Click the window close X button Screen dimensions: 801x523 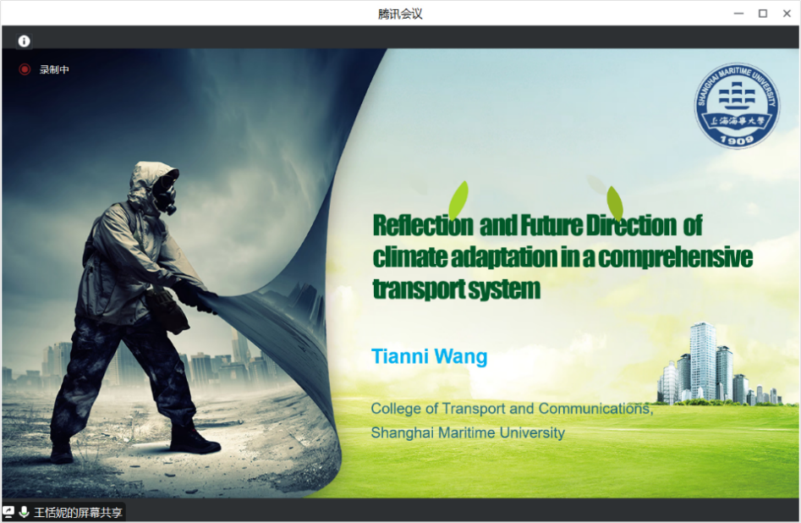787,14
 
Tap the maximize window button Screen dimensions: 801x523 763,14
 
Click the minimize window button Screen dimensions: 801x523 738,14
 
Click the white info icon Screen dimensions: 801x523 24,41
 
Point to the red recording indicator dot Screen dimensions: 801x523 25,69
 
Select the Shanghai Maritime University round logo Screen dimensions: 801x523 737,105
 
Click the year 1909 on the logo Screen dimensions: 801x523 737,139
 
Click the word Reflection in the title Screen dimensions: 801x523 423,225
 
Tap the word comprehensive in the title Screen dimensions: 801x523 675,257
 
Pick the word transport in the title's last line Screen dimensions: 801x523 419,289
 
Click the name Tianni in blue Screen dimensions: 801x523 400,356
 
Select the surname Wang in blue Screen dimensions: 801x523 461,357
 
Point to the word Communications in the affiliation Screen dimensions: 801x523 595,409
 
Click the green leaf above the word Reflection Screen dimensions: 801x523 458,200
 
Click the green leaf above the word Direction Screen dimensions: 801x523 615,203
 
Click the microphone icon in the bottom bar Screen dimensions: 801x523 24,512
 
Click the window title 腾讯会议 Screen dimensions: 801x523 400,14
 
